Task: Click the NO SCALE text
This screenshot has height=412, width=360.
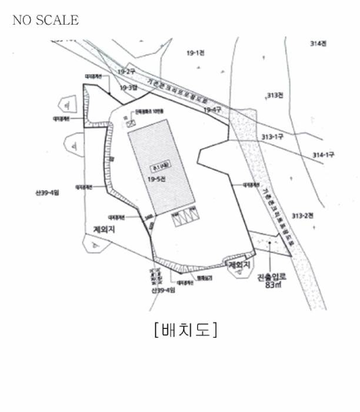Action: point(45,20)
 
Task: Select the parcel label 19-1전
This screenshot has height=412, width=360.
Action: point(195,53)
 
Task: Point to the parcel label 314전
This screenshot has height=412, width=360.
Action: point(318,44)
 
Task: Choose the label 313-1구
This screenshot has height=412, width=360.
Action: point(273,137)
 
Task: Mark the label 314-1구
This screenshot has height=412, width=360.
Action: point(323,155)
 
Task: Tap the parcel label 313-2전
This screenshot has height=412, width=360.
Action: point(303,215)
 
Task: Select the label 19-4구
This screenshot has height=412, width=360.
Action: point(212,109)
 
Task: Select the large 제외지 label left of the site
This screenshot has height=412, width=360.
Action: point(103,229)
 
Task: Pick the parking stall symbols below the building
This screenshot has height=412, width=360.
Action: point(184,217)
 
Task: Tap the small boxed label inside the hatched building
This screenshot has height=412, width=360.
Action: point(158,167)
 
